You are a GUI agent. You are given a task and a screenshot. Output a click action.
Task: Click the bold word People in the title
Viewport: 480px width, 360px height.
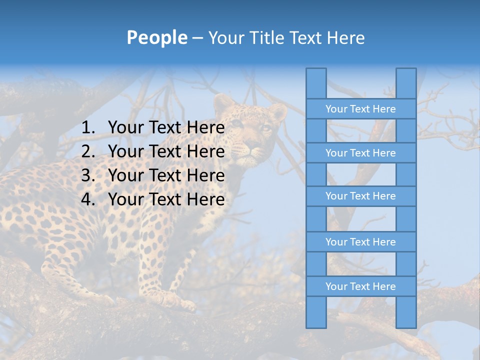pos(156,38)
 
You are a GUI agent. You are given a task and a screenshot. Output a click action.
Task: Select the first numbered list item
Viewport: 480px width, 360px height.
pos(166,128)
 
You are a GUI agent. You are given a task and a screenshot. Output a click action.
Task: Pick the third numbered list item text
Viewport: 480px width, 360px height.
pos(166,175)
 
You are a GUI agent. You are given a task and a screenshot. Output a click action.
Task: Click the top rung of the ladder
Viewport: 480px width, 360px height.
pos(360,109)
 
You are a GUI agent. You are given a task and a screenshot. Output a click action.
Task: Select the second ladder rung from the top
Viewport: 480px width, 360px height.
pos(360,153)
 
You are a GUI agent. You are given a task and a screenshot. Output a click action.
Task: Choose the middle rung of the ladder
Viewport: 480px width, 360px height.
pos(360,196)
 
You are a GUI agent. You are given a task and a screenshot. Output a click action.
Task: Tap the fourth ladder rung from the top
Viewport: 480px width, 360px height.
pos(360,242)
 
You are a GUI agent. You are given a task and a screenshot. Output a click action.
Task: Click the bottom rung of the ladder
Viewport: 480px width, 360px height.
pos(360,286)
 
